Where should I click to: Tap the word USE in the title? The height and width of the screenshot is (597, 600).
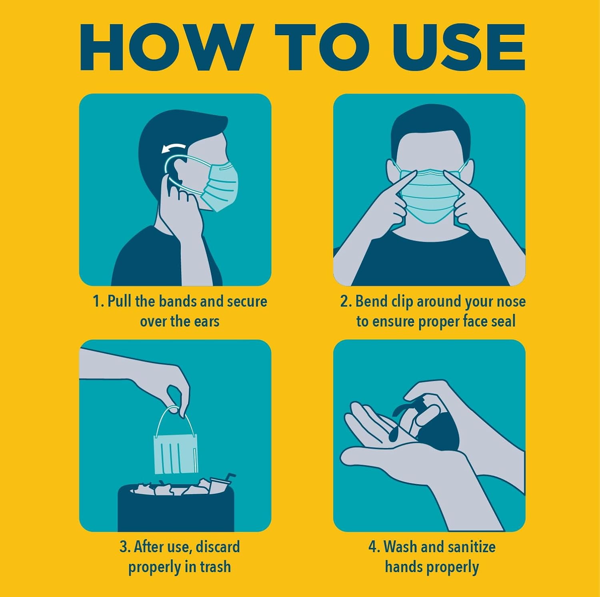point(458,47)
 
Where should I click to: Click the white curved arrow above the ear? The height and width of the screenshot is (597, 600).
point(173,148)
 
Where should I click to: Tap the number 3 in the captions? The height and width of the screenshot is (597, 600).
point(123,547)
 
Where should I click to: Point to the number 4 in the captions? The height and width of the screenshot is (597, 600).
point(372,547)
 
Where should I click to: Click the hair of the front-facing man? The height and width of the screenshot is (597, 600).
point(430,124)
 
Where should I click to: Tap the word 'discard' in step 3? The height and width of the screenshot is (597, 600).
point(218,547)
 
